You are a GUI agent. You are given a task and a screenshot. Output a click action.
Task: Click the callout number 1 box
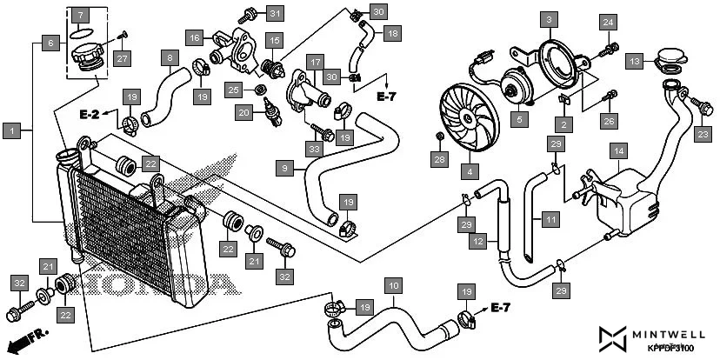(12, 130)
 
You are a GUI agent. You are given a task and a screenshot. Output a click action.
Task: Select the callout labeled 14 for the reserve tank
(617, 150)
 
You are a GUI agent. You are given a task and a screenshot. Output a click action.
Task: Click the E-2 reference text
(90, 114)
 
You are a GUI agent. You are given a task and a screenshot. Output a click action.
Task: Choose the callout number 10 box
(393, 285)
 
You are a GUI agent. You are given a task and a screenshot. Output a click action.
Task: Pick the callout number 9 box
(284, 166)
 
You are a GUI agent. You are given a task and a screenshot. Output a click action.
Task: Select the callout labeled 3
(548, 18)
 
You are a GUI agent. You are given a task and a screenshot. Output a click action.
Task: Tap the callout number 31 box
(275, 13)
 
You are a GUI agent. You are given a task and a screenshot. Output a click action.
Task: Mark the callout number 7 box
(80, 16)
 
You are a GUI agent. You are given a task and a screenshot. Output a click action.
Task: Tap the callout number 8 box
(170, 58)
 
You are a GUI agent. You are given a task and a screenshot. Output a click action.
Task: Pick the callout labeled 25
(233, 89)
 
